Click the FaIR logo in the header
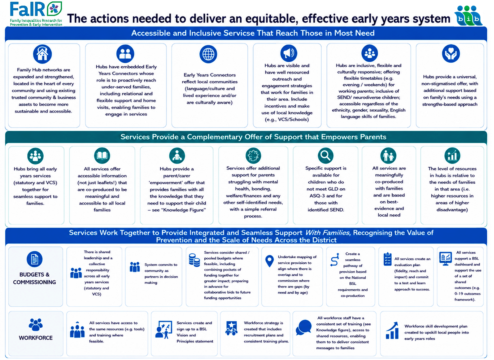tap(36, 14)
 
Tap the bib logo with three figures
tap(468, 16)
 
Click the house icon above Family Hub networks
tap(43, 54)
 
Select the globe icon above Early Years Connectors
tap(208, 54)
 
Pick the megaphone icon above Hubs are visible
tap(289, 53)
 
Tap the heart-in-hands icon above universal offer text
tap(451, 54)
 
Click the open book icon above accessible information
tap(102, 155)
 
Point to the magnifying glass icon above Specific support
tap(326, 155)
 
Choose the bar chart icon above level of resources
tap(452, 155)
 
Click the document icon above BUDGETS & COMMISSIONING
tap(34, 259)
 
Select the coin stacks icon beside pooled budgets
tap(194, 260)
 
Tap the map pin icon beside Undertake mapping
tap(270, 261)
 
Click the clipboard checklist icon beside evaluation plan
tap(388, 259)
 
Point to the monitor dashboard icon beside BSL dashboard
tap(445, 258)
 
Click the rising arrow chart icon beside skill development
tap(392, 331)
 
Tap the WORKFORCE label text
tap(36, 338)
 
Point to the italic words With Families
tap(328, 232)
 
